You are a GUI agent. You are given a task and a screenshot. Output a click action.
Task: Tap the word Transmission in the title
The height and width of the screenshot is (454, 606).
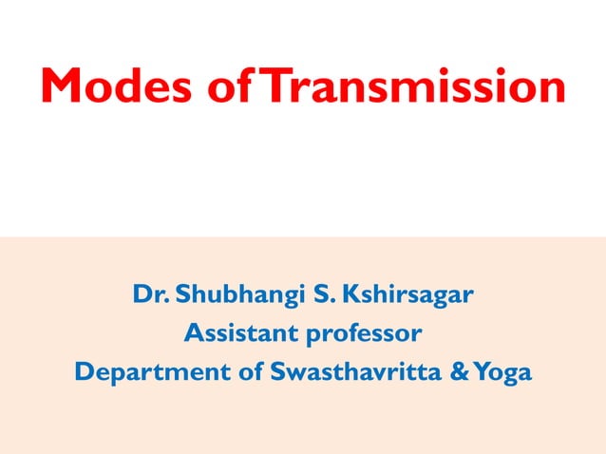pyautogui.click(x=413, y=86)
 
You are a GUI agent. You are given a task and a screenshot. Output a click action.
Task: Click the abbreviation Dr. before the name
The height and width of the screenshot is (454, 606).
pyautogui.click(x=153, y=295)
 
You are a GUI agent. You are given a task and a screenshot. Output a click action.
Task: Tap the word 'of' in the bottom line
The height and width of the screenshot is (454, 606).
pyautogui.click(x=251, y=372)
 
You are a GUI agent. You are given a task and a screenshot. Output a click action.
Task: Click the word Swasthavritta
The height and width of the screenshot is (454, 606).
pyautogui.click(x=360, y=372)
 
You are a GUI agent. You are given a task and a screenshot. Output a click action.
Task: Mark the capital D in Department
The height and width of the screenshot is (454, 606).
pyautogui.click(x=84, y=372)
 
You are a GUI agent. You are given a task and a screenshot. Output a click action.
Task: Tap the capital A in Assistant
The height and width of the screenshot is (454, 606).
pyautogui.click(x=192, y=334)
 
